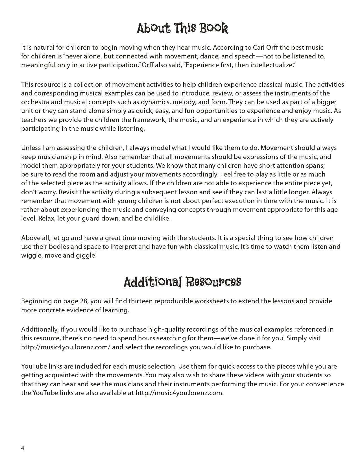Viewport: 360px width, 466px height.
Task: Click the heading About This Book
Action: pyautogui.click(x=182, y=29)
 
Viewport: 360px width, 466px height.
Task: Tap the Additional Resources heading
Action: pyautogui.click(x=182, y=282)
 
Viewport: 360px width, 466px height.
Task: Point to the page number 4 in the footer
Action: pyautogui.click(x=23, y=448)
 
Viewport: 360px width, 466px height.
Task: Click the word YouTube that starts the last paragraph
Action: pyautogui.click(x=33, y=367)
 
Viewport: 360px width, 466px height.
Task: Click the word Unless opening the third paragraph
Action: pyautogui.click(x=30, y=148)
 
